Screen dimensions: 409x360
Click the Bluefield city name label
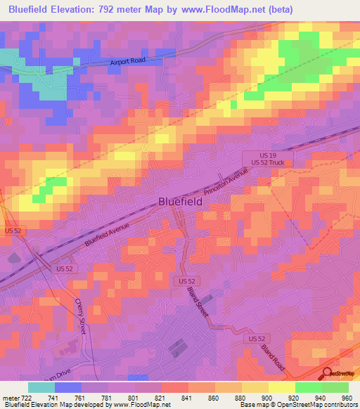(x=179, y=201)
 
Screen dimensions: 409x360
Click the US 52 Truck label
(x=266, y=163)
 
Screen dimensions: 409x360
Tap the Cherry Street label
(x=84, y=316)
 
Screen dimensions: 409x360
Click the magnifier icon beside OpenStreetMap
(x=327, y=372)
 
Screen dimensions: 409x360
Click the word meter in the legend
(x=10, y=398)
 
